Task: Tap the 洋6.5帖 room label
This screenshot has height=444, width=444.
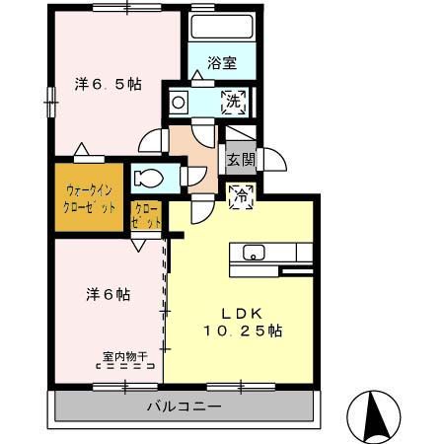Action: [x=108, y=85]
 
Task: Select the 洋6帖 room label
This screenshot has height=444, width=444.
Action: [x=108, y=294]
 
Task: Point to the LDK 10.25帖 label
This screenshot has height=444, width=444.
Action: [x=243, y=322]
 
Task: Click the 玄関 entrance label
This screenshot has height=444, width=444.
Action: [x=240, y=159]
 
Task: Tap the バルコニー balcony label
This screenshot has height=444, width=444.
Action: [x=185, y=406]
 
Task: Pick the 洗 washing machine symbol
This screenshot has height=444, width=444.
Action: [x=237, y=100]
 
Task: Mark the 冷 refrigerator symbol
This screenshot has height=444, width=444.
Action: [x=240, y=195]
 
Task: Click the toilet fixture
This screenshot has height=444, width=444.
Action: [x=149, y=179]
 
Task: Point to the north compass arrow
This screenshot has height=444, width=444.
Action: [x=373, y=413]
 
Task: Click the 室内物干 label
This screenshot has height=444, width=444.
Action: [x=123, y=357]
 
